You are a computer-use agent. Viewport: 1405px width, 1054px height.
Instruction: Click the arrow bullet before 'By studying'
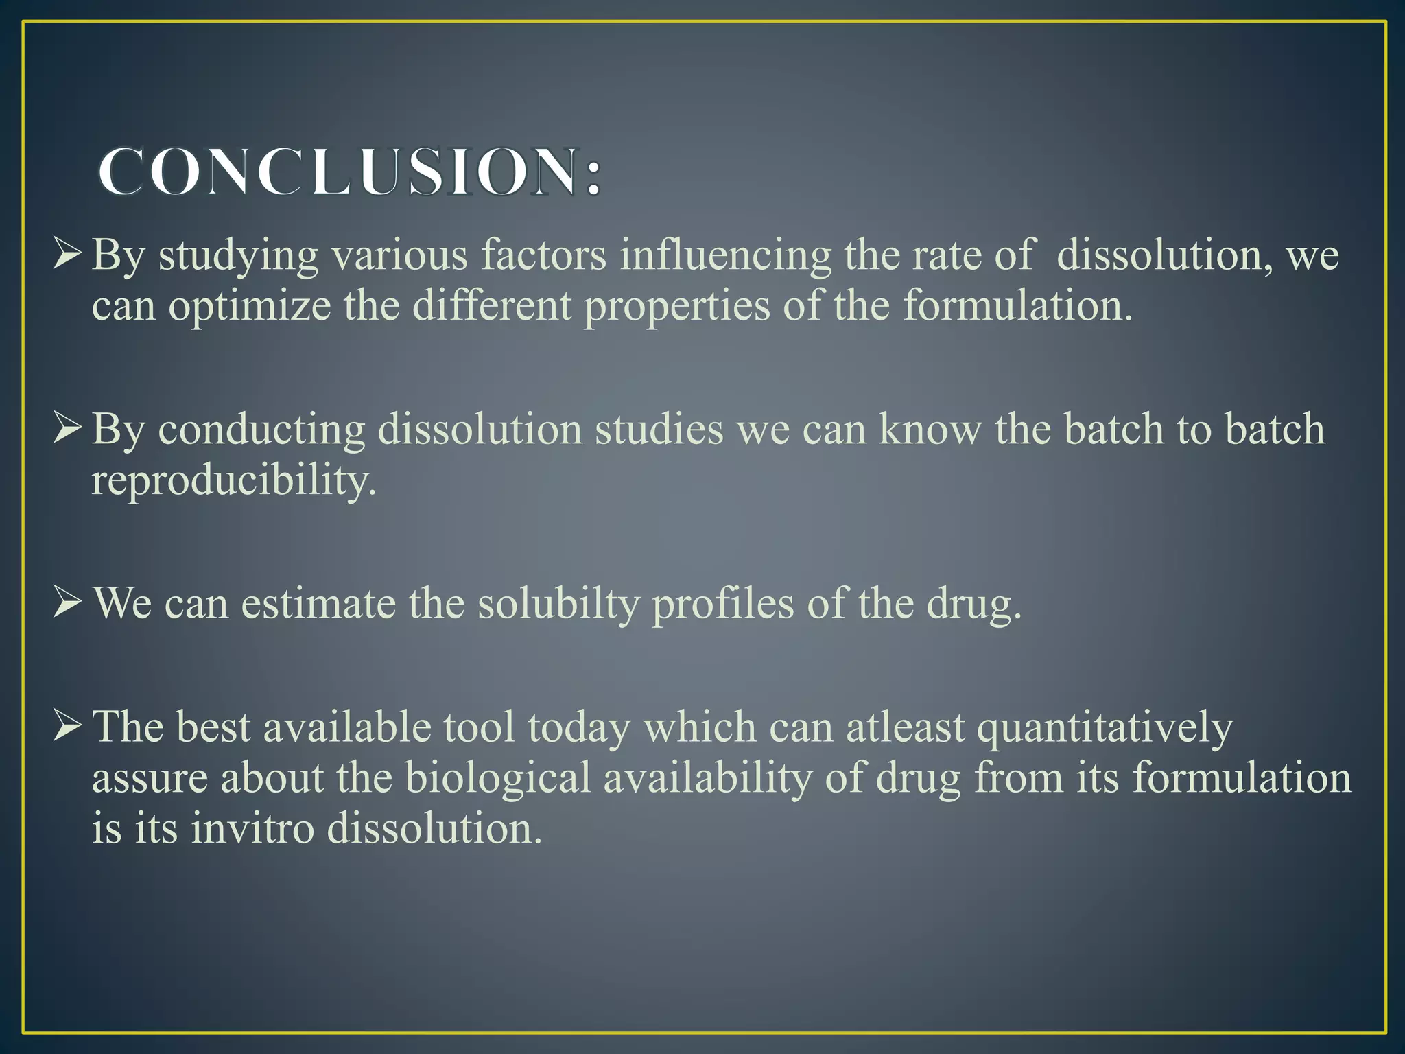[68, 255]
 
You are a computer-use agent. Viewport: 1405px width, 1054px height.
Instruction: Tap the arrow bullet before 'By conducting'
[68, 429]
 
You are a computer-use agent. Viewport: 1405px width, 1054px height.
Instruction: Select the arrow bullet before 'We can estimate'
[68, 603]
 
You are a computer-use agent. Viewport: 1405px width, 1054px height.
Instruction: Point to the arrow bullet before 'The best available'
[68, 727]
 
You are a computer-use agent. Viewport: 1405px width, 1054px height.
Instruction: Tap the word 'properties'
[677, 306]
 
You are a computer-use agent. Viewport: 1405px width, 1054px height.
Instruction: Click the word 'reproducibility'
[234, 480]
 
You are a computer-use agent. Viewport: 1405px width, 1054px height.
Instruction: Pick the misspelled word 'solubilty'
[558, 604]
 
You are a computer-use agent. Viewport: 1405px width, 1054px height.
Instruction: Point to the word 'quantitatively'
[1105, 728]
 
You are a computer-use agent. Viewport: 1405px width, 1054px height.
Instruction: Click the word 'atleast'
[906, 727]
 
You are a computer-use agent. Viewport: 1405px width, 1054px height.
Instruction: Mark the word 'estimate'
[318, 604]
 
